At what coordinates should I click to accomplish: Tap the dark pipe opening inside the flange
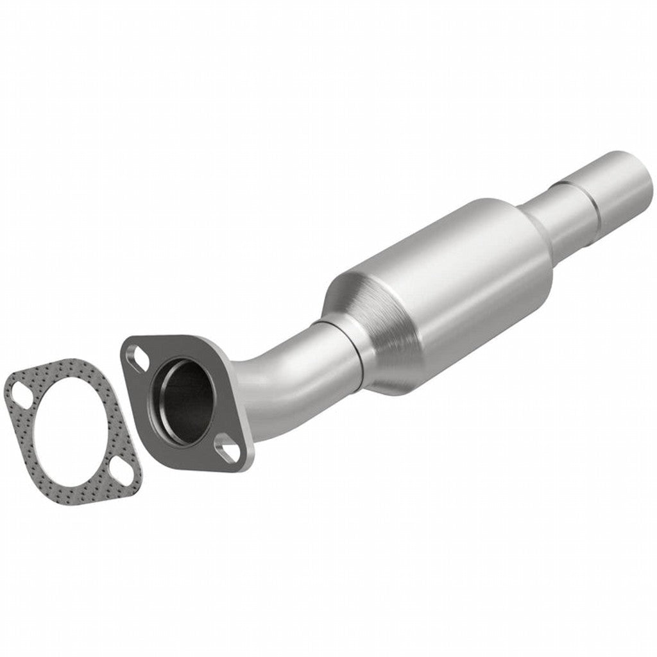tap(186, 401)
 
